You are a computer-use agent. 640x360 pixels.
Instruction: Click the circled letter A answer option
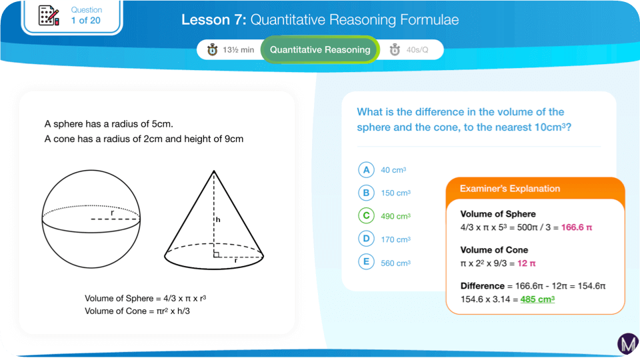366,170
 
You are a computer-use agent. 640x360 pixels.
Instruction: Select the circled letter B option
366,193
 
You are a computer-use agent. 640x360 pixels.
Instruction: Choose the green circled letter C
366,215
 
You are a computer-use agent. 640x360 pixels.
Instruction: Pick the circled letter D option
366,239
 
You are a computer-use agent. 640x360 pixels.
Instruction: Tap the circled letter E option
366,262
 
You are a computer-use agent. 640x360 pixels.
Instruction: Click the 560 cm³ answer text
395,263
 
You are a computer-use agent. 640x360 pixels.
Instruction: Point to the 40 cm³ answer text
393,170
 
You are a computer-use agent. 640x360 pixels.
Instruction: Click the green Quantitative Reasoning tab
320,50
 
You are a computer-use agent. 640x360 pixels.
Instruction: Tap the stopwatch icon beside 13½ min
212,50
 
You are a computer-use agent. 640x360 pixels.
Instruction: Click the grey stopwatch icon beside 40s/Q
395,50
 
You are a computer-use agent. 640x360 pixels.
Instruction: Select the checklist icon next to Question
49,15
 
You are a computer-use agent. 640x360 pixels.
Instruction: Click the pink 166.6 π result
576,227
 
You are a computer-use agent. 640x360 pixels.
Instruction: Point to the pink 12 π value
526,263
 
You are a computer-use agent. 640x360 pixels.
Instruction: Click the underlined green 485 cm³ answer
537,299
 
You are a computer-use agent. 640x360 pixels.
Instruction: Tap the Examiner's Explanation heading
510,189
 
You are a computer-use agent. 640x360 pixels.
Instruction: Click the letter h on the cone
218,219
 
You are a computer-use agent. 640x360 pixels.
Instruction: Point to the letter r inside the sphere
112,213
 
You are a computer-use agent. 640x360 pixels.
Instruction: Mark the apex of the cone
213,171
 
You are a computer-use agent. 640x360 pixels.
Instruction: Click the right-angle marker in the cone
216,255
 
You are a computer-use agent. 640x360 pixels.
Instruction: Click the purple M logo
627,343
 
